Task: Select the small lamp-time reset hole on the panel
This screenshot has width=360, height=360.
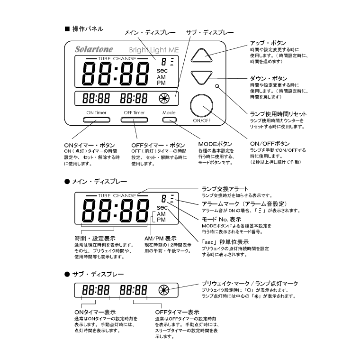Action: point(217,86)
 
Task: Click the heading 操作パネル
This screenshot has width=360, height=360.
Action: point(87,29)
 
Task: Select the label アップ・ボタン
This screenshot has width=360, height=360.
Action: point(268,43)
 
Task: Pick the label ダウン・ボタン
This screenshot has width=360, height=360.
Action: point(268,78)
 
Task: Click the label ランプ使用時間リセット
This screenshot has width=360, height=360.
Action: point(278,114)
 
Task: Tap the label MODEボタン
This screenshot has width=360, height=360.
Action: point(215,143)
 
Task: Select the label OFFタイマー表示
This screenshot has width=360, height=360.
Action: point(177,312)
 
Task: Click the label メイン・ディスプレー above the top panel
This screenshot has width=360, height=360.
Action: point(150,33)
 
